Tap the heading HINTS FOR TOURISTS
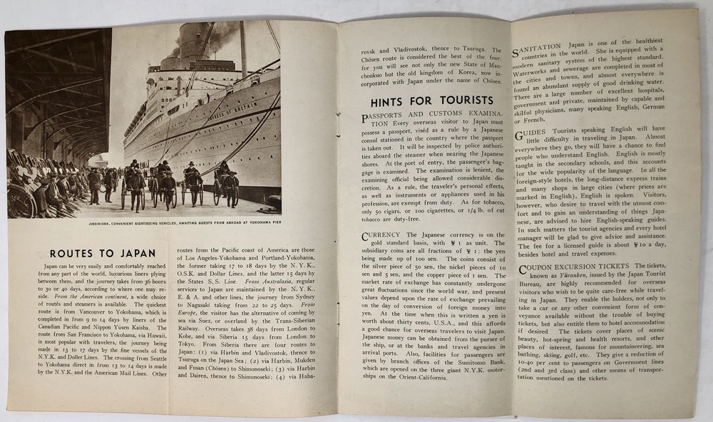click(x=426, y=101)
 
